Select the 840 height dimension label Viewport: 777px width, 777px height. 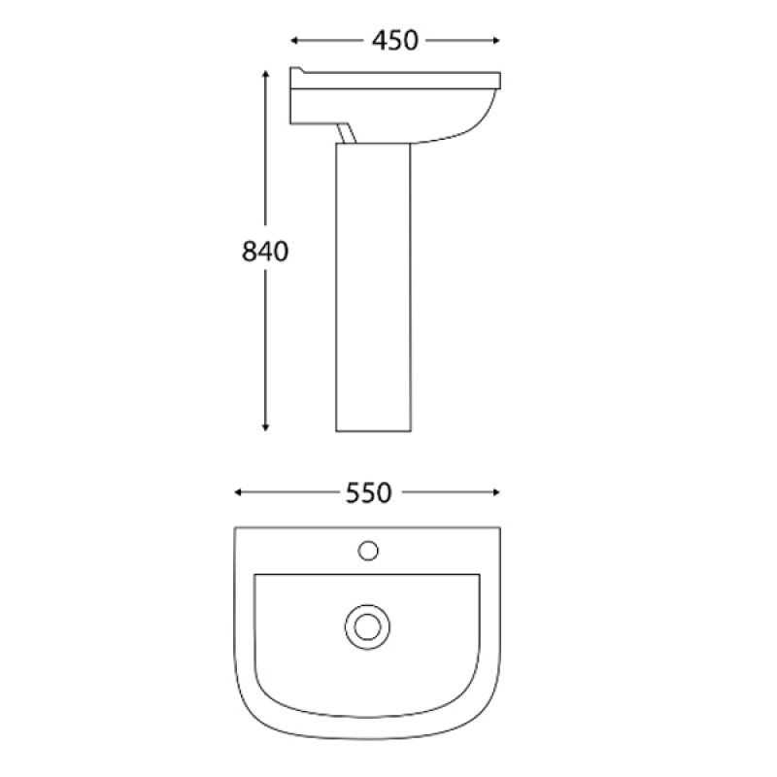[265, 252]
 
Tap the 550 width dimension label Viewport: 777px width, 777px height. [368, 493]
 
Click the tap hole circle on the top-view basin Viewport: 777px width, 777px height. [368, 551]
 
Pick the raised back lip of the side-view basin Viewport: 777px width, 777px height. [297, 73]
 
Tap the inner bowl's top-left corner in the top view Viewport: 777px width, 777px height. [255, 576]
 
